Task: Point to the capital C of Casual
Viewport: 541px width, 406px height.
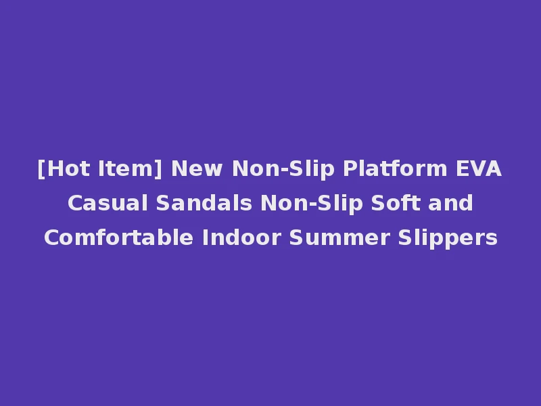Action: pyautogui.click(x=74, y=203)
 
